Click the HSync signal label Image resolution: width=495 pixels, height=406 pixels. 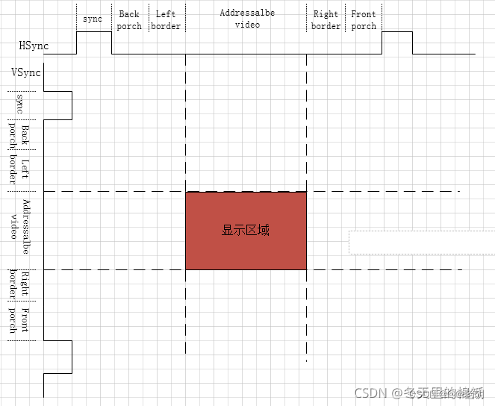point(34,46)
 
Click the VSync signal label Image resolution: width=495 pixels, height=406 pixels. point(26,72)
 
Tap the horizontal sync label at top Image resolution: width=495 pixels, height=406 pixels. point(93,19)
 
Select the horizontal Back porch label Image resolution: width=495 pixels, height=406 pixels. point(129,20)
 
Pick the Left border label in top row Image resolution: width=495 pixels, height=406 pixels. point(166,20)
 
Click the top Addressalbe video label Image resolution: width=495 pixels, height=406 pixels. point(247,19)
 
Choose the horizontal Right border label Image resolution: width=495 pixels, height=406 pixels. point(326,20)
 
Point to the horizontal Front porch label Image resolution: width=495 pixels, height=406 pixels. point(364,20)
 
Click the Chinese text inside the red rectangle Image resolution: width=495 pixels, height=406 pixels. point(246,231)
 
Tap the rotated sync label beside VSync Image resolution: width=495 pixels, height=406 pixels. point(20,104)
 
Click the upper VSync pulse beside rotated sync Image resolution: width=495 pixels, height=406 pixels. point(58,105)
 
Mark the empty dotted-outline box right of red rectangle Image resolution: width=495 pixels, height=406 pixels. point(421,242)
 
